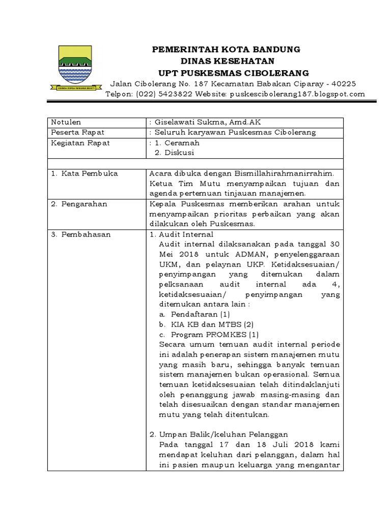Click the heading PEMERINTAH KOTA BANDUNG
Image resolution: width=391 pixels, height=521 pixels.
click(x=227, y=49)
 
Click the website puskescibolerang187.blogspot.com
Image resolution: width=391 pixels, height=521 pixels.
click(x=297, y=94)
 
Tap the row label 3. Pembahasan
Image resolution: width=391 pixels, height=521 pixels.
click(x=81, y=235)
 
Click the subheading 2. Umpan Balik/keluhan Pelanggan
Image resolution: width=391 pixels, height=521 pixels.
click(x=219, y=435)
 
